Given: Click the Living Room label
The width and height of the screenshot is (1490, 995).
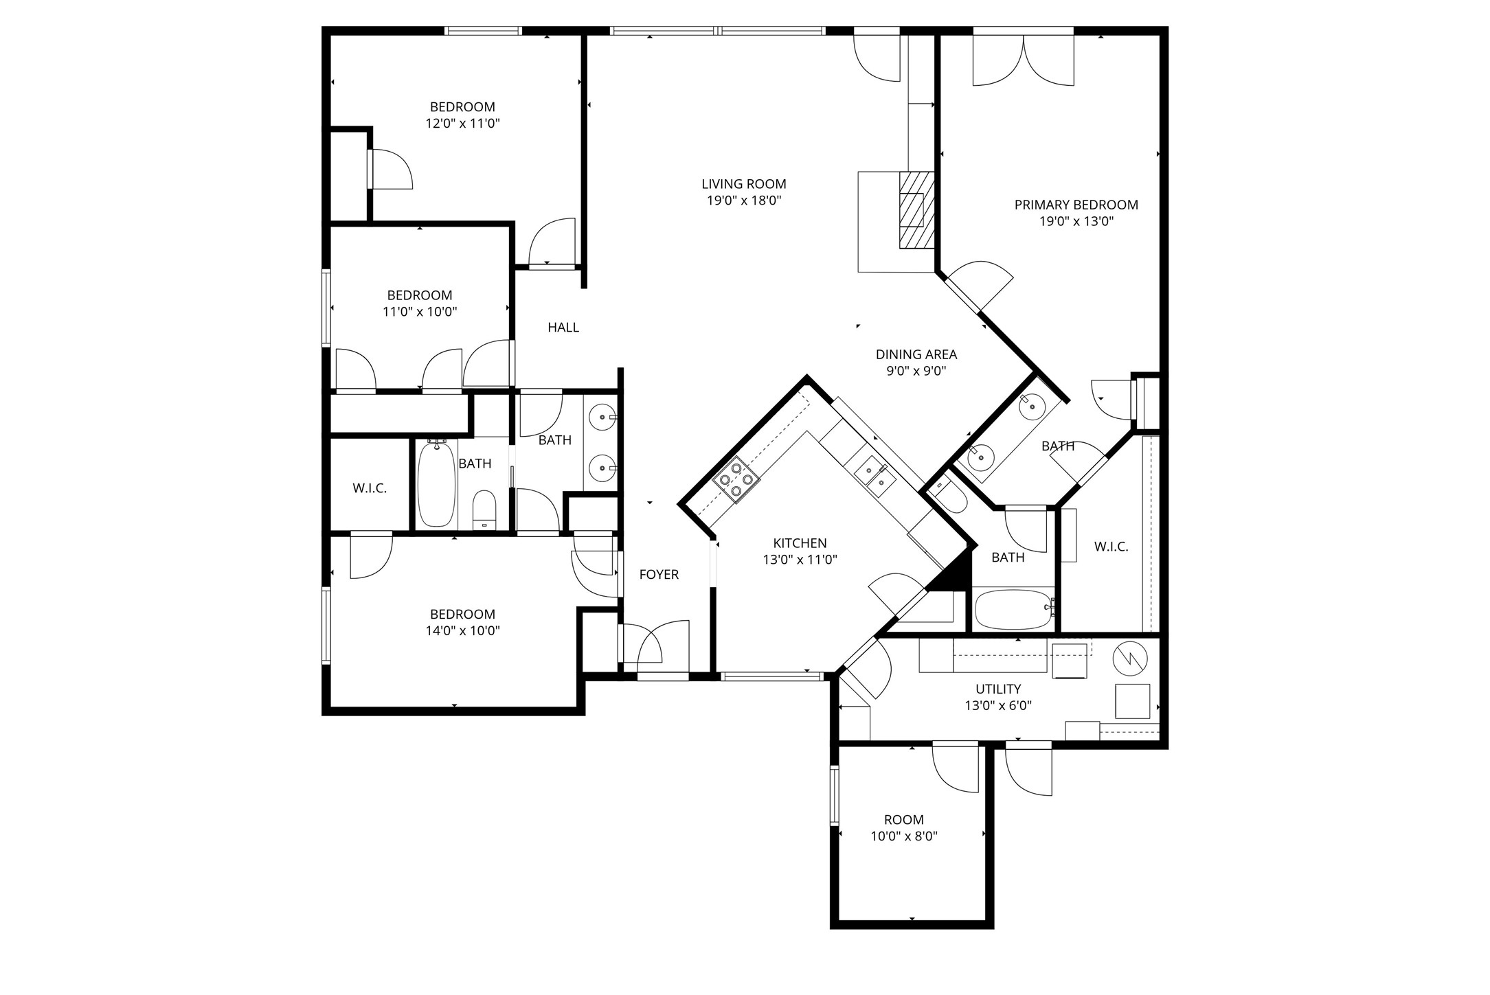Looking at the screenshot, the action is pyautogui.click(x=744, y=184).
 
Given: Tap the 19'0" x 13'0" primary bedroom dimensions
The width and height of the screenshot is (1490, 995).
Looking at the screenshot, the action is pyautogui.click(x=1076, y=222).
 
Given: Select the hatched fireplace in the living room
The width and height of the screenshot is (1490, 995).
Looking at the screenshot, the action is pyautogui.click(x=917, y=209).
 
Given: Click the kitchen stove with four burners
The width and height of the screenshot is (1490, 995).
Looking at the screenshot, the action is pyautogui.click(x=736, y=479).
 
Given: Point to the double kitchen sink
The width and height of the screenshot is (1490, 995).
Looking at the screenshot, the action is pyautogui.click(x=874, y=475).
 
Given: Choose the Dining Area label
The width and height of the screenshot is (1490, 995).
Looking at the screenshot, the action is pyautogui.click(x=916, y=354).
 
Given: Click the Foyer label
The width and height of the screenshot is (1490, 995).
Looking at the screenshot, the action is pyautogui.click(x=659, y=575).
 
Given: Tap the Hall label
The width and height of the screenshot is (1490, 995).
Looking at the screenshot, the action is pyautogui.click(x=563, y=328).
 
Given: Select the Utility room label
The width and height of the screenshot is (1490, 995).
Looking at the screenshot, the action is pyautogui.click(x=998, y=689).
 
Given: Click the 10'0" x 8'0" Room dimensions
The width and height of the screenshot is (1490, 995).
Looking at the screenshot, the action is pyautogui.click(x=904, y=836).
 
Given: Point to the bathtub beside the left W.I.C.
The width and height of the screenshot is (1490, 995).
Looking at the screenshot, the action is pyautogui.click(x=436, y=483).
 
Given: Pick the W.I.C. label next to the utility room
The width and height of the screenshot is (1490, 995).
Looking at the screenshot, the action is pyautogui.click(x=1111, y=547).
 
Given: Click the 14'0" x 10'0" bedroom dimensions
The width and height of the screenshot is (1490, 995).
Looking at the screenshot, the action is pyautogui.click(x=462, y=631).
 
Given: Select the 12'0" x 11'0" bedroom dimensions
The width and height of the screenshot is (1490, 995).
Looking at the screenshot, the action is pyautogui.click(x=462, y=124).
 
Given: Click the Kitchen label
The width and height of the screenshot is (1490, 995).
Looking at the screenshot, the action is pyautogui.click(x=800, y=543).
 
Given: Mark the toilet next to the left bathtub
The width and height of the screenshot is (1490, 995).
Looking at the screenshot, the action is pyautogui.click(x=484, y=510).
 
